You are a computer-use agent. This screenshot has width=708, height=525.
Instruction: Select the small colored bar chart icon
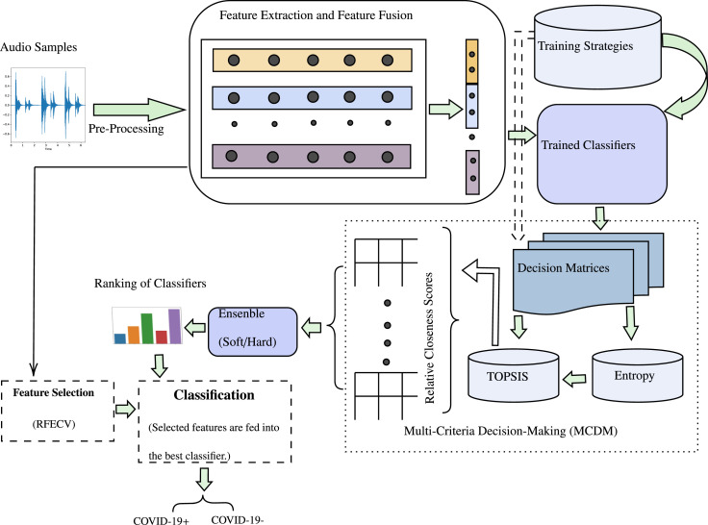[148, 326]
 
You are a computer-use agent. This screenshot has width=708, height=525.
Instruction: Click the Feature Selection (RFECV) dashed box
[58, 405]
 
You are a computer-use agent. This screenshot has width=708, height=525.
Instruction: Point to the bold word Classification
[213, 395]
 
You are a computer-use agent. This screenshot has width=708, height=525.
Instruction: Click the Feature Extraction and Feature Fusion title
[290, 15]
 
